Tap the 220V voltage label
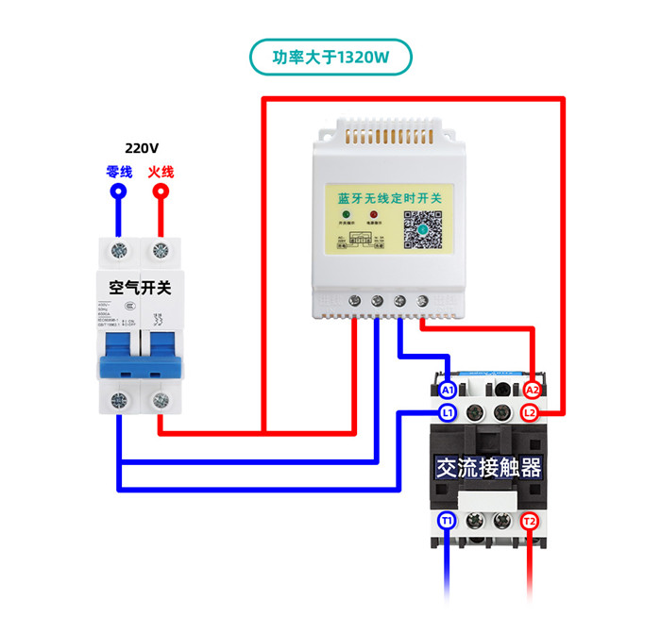pos(142,148)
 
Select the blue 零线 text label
pos(119,172)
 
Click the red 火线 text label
pos(161,172)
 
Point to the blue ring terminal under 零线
pos(119,192)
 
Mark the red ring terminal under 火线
pos(161,192)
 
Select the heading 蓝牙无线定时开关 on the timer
pos(396,198)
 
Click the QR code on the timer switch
pos(424,229)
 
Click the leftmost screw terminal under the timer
pos(354,301)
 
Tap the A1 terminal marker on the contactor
pos(448,390)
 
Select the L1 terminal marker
pos(448,412)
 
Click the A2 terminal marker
pos(531,390)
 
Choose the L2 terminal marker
pos(531,412)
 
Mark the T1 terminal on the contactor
pos(448,521)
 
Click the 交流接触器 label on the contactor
pos(488,467)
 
